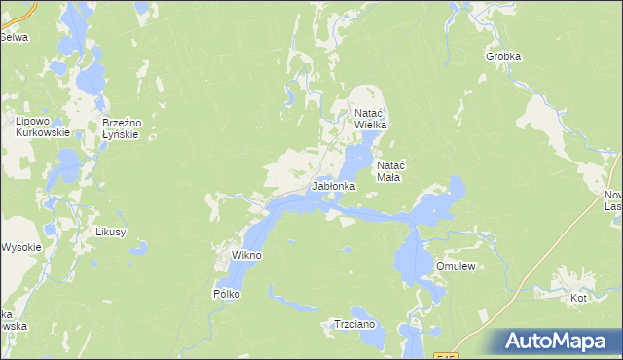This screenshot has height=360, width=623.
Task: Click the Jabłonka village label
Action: pos(333,185)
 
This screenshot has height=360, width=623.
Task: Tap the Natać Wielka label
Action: pos(371,120)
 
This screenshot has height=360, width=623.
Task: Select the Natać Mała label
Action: pos(396,172)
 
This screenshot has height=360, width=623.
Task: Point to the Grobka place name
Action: pos(503,56)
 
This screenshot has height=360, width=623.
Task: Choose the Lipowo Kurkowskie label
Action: pos(40,126)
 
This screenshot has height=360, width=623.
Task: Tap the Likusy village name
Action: pos(111,233)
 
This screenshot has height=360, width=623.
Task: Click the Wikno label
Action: pos(245,255)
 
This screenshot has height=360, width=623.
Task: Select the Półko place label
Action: pos(226,293)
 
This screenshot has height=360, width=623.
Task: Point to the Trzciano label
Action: pos(354,324)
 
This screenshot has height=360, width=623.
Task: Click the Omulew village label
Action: pos(455,265)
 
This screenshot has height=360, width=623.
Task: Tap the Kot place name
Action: pos(579,298)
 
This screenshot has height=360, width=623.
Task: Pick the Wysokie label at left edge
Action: pos(20,247)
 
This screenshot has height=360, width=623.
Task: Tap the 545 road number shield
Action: pos(446,356)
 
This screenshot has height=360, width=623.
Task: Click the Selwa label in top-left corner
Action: pos(14,37)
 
